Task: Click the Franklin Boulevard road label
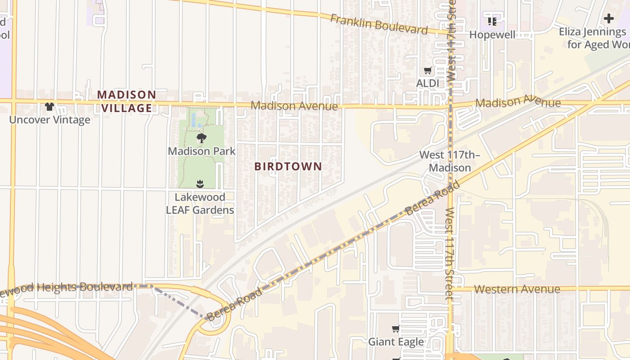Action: tap(378, 24)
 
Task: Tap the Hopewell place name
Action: tap(492, 35)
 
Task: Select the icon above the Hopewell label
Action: tap(492, 21)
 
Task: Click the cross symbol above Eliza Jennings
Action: tap(609, 18)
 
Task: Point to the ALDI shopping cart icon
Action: tap(427, 71)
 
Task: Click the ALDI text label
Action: tap(427, 83)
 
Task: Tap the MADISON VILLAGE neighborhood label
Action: tap(126, 101)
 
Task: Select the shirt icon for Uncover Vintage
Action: tap(49, 107)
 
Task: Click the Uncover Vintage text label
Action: tap(49, 120)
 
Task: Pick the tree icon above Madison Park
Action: tap(201, 138)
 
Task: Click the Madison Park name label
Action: tap(202, 151)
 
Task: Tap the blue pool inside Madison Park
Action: tap(193, 120)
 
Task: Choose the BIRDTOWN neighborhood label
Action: tap(288, 166)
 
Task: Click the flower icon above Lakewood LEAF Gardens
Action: tap(200, 184)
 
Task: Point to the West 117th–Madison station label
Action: tap(450, 161)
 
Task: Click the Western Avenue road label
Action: tap(517, 289)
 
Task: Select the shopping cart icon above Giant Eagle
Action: tap(396, 329)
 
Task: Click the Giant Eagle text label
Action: tap(396, 342)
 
